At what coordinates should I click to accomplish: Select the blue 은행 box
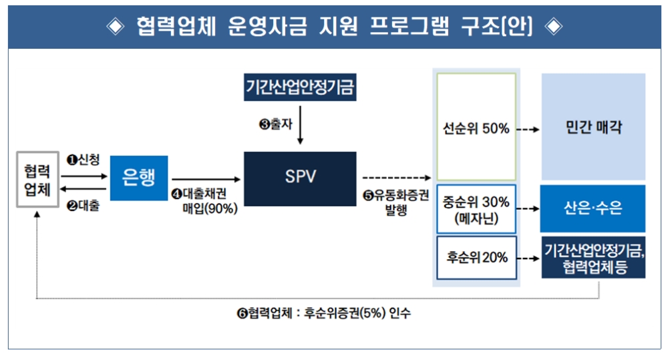(138, 178)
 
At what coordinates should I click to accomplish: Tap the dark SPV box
(300, 178)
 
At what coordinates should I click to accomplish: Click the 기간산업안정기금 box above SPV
(299, 87)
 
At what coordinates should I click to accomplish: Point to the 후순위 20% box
(476, 257)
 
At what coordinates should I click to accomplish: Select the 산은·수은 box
(593, 208)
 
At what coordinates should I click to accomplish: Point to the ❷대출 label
(83, 206)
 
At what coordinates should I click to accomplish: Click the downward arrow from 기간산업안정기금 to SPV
(300, 127)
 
